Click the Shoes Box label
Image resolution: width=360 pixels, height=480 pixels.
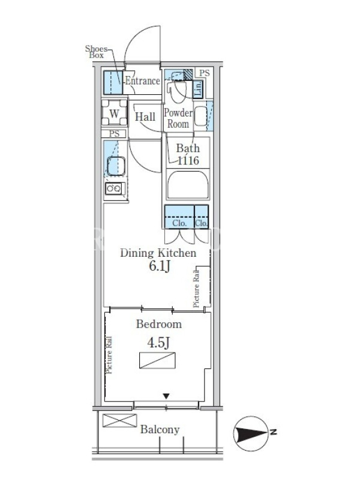tap(97, 52)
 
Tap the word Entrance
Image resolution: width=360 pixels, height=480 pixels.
tap(143, 81)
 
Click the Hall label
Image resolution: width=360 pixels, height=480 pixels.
tap(145, 116)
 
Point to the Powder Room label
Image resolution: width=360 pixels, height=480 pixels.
tap(178, 118)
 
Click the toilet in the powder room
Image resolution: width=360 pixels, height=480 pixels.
tap(176, 88)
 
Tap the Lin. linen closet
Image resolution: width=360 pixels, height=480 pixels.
tap(198, 89)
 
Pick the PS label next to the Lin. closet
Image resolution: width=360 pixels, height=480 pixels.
tap(205, 73)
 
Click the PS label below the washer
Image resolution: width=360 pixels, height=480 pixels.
tap(114, 134)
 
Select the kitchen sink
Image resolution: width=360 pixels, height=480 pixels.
tap(116, 166)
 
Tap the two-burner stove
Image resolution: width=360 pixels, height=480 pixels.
tap(113, 188)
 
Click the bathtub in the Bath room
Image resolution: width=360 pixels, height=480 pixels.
tap(188, 184)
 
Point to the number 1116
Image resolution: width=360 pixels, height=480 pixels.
tap(188, 160)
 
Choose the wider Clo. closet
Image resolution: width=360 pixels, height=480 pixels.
tap(179, 217)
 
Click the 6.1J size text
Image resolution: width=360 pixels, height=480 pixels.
tap(159, 266)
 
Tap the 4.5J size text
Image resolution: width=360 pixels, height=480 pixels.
tap(158, 343)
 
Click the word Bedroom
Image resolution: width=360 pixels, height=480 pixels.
tap(159, 324)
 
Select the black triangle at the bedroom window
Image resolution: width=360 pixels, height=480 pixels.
tap(166, 397)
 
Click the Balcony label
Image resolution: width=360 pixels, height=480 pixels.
tap(160, 430)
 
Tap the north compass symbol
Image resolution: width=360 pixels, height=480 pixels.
tap(251, 433)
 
